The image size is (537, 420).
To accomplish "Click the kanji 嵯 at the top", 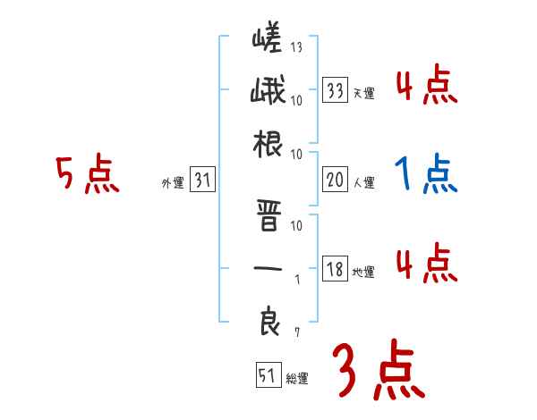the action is (x=268, y=38).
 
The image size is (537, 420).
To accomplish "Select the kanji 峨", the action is (x=268, y=90).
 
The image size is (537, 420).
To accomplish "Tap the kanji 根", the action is (x=268, y=143).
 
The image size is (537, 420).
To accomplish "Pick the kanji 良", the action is (x=268, y=321).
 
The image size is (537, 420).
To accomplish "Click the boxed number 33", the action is (x=336, y=90).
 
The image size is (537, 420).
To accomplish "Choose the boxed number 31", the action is (x=202, y=181).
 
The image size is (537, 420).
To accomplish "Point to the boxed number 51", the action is (x=266, y=375).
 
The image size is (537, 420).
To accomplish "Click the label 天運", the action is (x=363, y=93).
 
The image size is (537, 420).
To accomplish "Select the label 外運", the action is (x=172, y=183).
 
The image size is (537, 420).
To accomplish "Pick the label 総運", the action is (x=296, y=378).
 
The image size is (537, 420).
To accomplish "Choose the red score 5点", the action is (x=87, y=174).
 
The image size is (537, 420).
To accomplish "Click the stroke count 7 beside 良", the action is (x=297, y=332).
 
